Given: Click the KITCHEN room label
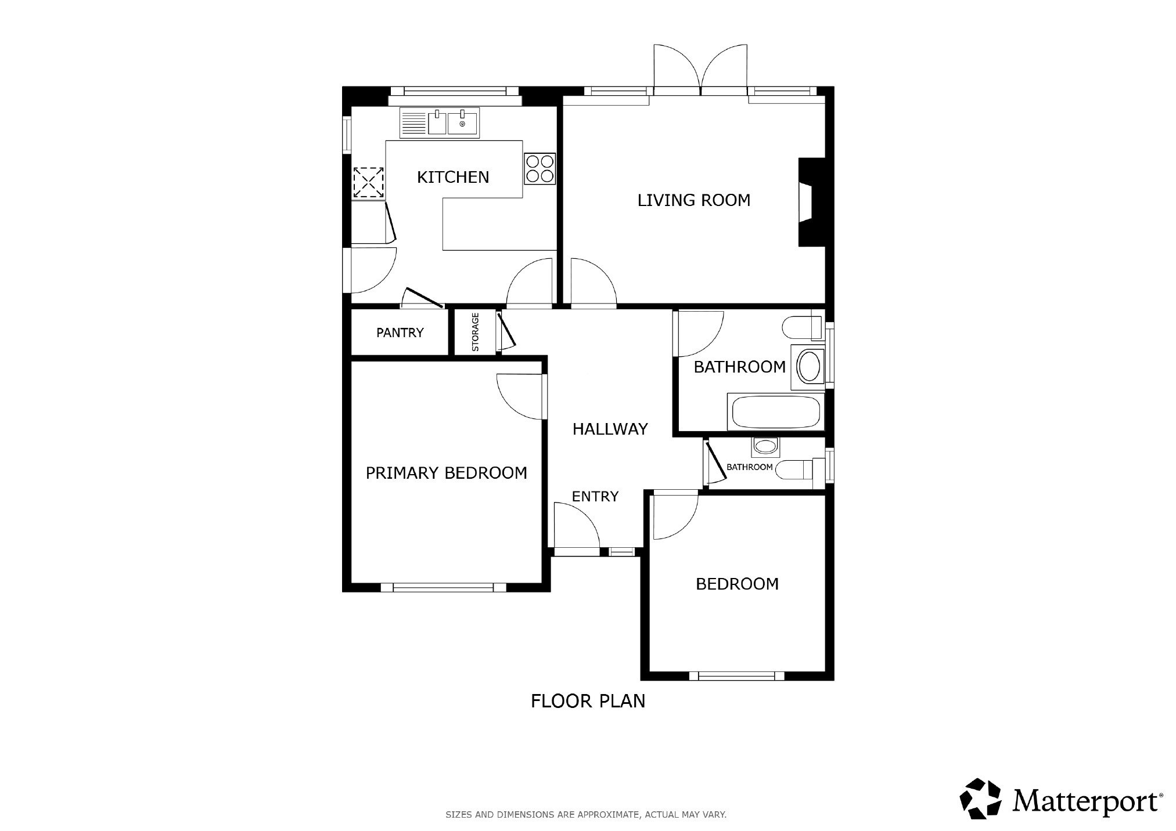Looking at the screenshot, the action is (453, 177).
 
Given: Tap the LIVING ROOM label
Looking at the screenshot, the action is (694, 200).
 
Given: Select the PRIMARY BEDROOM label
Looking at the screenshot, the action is (446, 473).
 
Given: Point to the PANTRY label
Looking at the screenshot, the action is (400, 333).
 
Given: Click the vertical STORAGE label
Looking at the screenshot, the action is (475, 332).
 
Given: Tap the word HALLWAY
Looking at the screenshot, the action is (610, 429).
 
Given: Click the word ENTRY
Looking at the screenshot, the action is (595, 496).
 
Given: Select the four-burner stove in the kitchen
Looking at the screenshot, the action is (540, 168).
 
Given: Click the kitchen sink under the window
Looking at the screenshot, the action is (440, 124).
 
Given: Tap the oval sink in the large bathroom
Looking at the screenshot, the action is (808, 367).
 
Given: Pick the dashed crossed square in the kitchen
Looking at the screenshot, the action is (369, 182).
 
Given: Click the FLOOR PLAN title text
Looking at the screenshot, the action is (588, 701).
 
